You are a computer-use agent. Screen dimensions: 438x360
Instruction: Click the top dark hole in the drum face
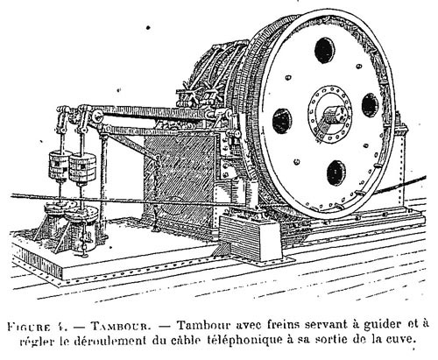324,50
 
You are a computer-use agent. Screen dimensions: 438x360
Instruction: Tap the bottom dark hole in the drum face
336,173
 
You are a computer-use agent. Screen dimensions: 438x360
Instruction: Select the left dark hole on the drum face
282,121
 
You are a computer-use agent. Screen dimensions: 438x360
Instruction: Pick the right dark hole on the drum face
370,105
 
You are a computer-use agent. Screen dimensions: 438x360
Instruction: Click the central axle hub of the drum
330,116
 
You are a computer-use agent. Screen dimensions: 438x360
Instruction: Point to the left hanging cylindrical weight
59,166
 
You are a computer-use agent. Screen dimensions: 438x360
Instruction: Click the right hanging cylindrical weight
82,169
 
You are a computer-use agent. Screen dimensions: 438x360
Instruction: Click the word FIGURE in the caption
27,326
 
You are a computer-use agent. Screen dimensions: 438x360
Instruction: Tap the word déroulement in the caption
109,341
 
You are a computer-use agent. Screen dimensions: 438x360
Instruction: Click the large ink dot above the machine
148,28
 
